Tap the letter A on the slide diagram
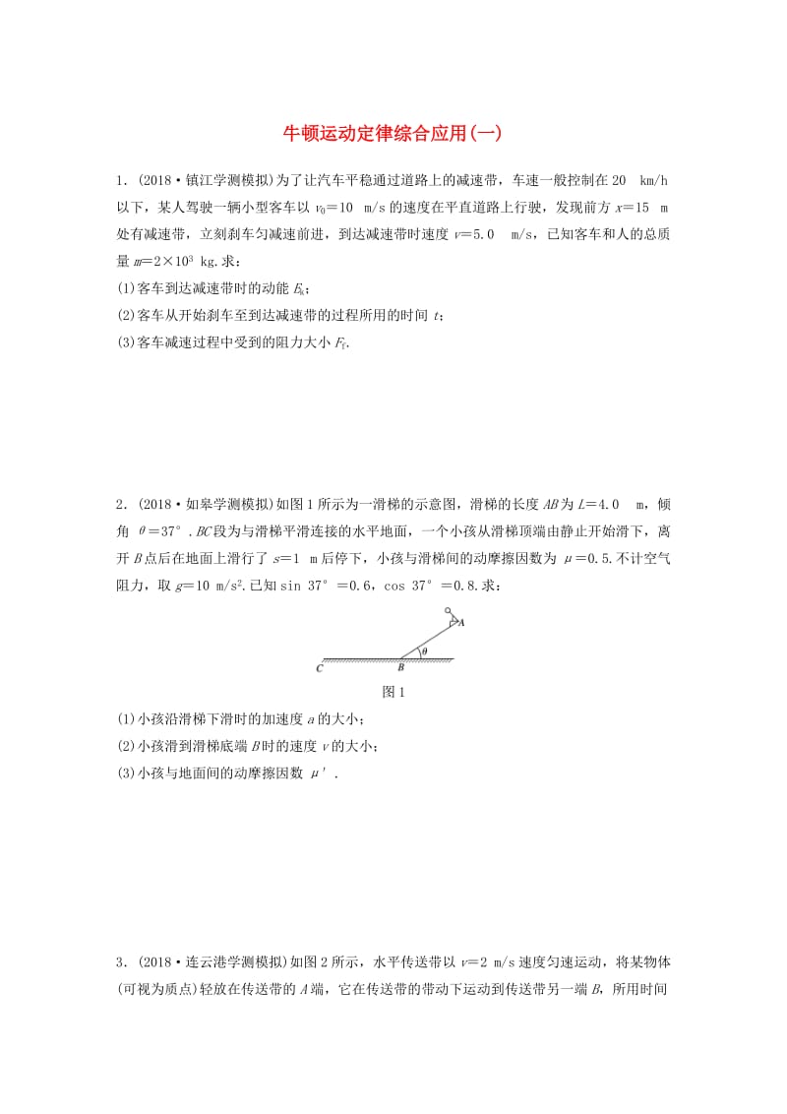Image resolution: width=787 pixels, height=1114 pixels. click(461, 623)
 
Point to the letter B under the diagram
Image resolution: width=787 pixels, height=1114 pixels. click(400, 668)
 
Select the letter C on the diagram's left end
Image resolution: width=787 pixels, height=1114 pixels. click(320, 668)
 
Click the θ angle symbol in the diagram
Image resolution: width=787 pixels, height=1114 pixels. click(424, 650)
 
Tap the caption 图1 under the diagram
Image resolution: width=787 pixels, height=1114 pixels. click(393, 692)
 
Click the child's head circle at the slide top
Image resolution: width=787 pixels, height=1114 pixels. click(448, 611)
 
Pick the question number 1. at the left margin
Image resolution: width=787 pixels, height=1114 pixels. click(121, 181)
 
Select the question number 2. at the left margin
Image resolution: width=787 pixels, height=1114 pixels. click(121, 504)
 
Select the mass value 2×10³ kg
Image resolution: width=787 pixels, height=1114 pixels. click(188, 261)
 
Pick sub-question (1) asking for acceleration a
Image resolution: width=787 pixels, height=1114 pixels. click(240, 720)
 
